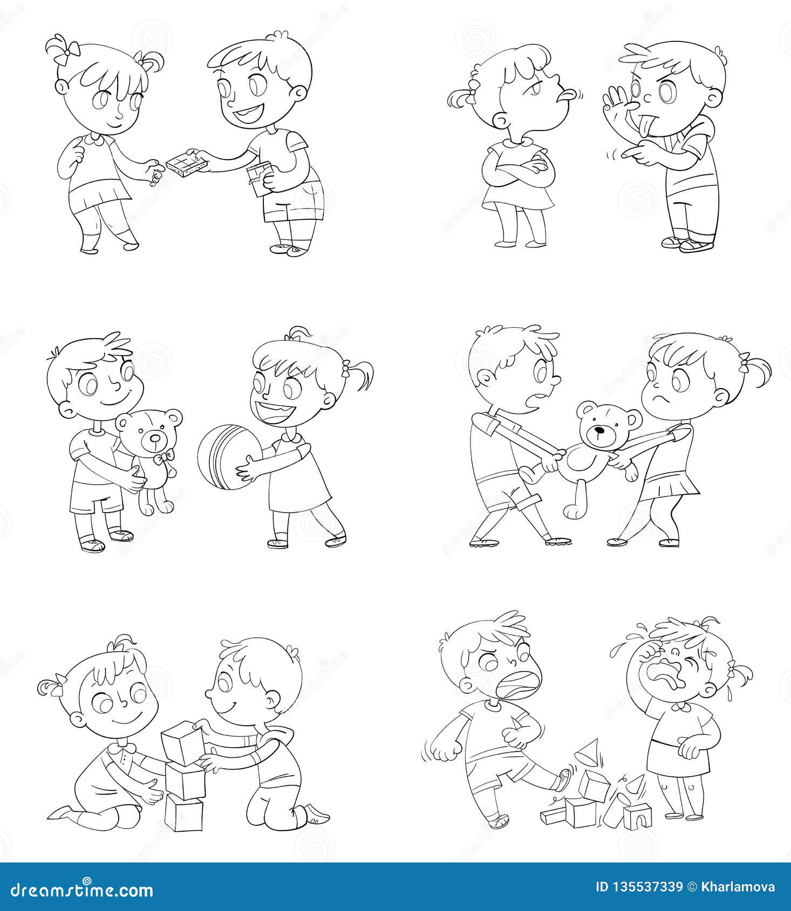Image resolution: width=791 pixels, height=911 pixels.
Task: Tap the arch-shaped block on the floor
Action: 637,816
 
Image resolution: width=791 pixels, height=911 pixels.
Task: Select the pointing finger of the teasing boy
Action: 629,154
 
